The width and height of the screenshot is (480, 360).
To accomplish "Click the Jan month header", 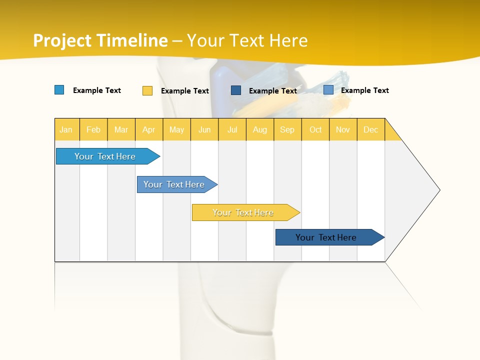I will click(x=66, y=129).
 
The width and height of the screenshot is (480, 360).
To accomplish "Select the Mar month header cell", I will click(x=121, y=129).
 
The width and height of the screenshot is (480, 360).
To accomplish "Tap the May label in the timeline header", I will click(x=176, y=129).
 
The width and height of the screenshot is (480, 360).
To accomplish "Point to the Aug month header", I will click(x=259, y=129).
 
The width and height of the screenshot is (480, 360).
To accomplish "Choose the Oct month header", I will click(x=315, y=129).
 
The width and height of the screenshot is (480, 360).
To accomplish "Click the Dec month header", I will click(x=370, y=129).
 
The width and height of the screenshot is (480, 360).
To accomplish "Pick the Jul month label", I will click(x=232, y=129).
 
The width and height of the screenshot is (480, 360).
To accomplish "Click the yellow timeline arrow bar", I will click(x=244, y=212).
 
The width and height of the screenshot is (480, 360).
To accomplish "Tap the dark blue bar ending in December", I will click(x=327, y=237).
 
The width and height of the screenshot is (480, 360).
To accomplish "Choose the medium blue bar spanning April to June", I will click(x=175, y=184).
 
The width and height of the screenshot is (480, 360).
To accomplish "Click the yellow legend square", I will click(x=147, y=90).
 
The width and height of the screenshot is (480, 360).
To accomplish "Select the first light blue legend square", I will click(x=59, y=90).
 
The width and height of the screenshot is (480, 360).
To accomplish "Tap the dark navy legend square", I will click(x=236, y=90).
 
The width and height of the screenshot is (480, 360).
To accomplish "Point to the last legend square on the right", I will click(x=328, y=90).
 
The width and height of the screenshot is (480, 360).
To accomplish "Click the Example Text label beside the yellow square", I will click(x=184, y=91).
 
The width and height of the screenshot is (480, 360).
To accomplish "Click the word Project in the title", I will click(x=62, y=40).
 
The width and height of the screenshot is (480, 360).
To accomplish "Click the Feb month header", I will click(x=93, y=129).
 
